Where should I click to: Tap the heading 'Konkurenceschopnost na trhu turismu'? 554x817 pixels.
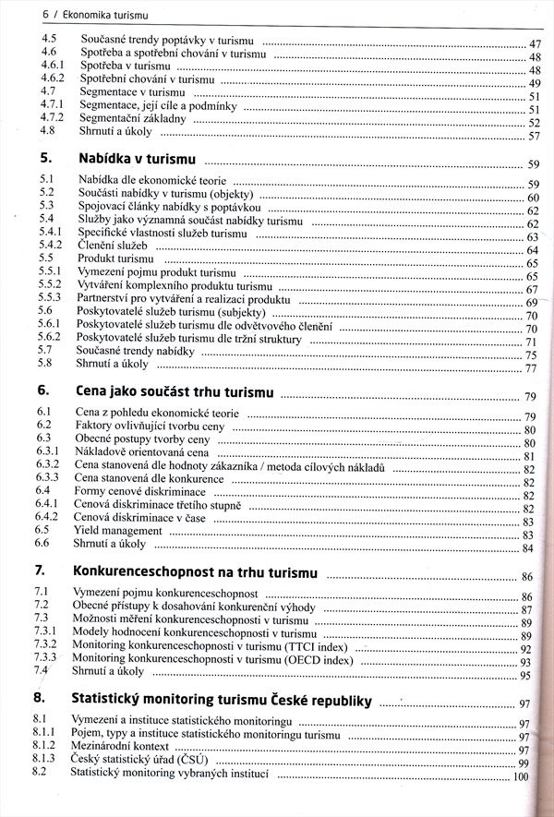pyautogui.click(x=194, y=572)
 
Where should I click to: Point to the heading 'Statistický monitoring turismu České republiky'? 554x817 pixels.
pyautogui.click(x=221, y=698)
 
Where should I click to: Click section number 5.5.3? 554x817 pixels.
pyautogui.click(x=50, y=300)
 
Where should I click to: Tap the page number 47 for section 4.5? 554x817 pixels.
pyautogui.click(x=534, y=44)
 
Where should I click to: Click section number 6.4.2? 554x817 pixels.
pyautogui.click(x=49, y=518)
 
